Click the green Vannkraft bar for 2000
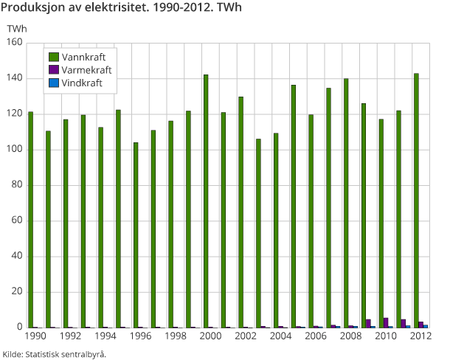coord(206,201)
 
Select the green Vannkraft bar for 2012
coord(416,201)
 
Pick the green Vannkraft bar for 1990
coord(30,220)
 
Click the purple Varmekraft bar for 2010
coord(386,323)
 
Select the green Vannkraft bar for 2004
coord(276,230)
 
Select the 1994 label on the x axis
coord(105,336)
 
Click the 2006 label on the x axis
coord(316,336)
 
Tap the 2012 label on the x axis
coord(420,336)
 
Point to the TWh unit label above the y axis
coord(16,28)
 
